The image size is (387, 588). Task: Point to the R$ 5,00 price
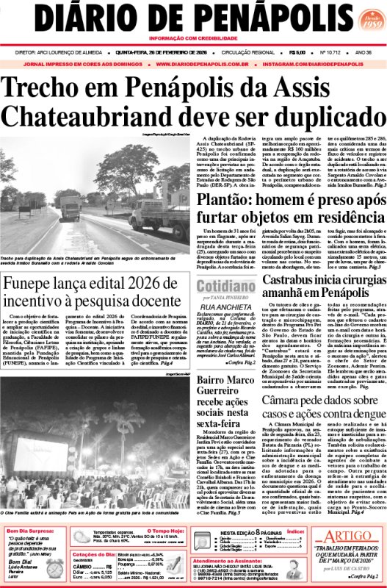pos(297,52)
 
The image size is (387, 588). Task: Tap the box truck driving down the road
pos(70,207)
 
